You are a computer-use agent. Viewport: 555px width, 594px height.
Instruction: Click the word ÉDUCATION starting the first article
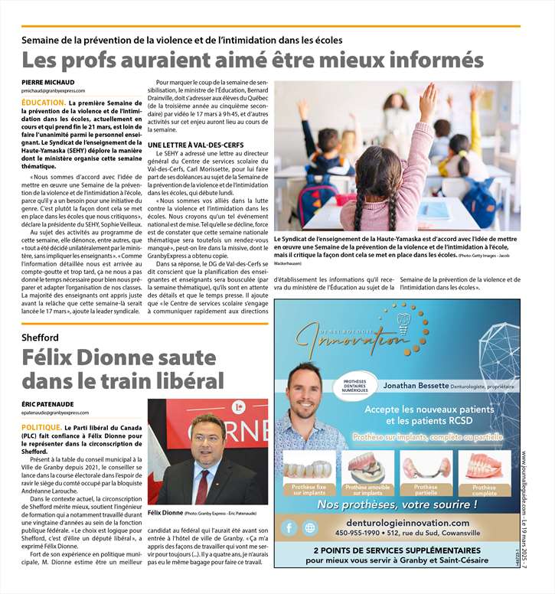[42, 102]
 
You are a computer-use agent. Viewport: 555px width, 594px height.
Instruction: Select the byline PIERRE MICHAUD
[47, 81]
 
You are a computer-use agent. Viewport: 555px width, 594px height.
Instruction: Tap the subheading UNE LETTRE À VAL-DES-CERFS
[196, 145]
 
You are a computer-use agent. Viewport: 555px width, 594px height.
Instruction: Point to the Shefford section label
[41, 338]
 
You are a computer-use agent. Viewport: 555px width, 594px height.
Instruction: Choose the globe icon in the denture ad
[310, 527]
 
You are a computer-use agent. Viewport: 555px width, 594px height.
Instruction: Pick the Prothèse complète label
[484, 491]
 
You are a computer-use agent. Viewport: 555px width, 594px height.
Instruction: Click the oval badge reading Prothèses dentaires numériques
[355, 385]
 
